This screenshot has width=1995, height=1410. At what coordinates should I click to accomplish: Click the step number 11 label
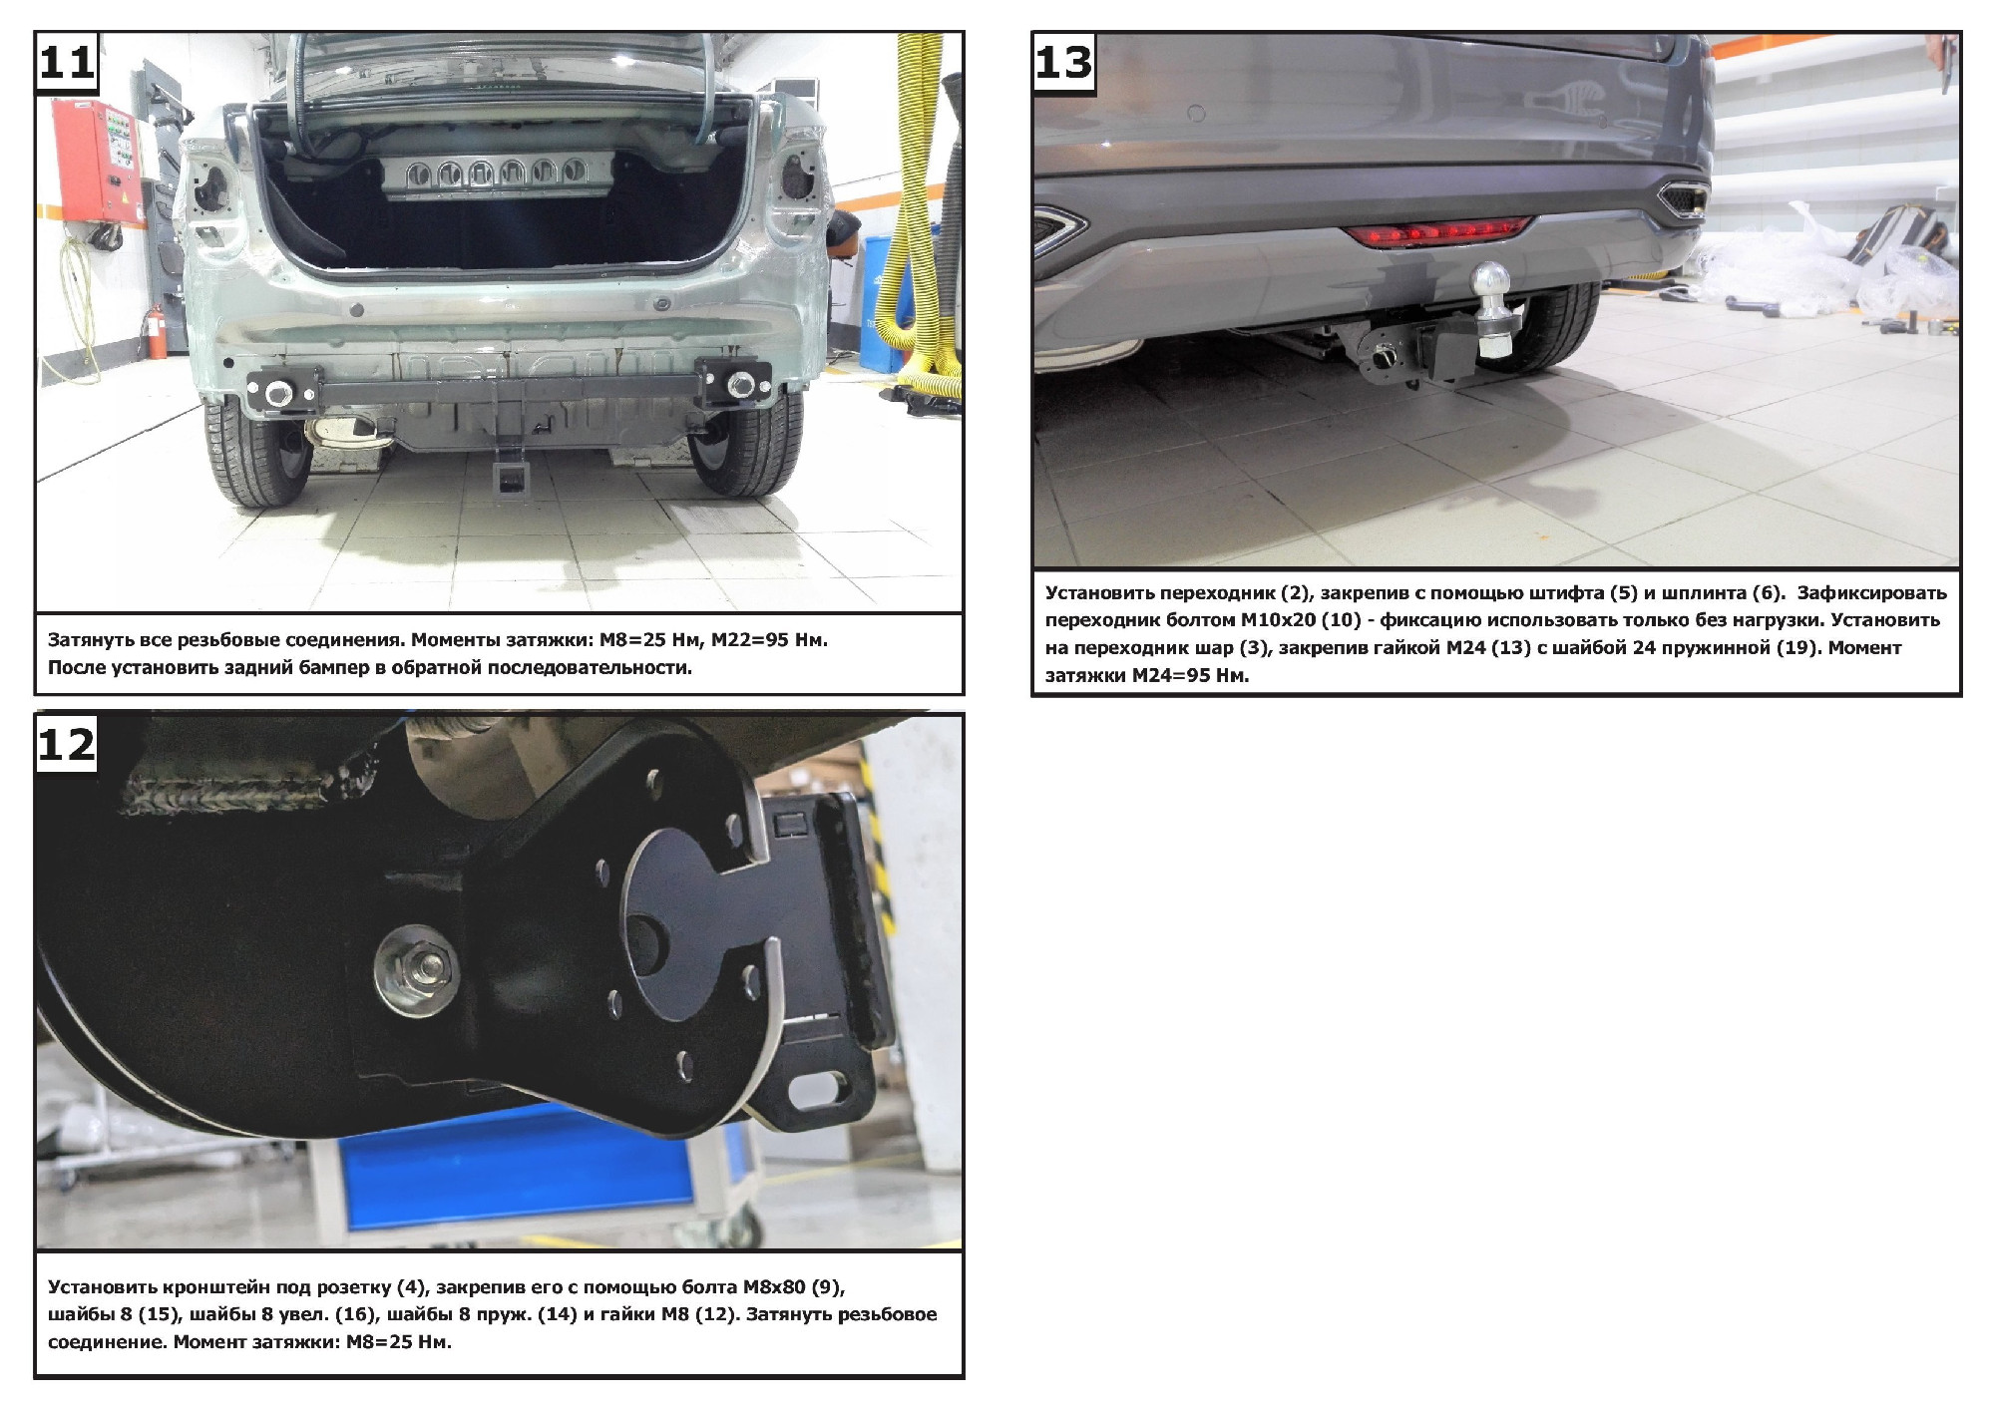click(x=67, y=62)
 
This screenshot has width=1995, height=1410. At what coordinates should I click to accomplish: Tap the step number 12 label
click(x=67, y=744)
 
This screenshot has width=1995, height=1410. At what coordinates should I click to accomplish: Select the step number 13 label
click(x=1063, y=62)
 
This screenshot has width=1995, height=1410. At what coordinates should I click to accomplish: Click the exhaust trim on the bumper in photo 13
click(x=1683, y=198)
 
